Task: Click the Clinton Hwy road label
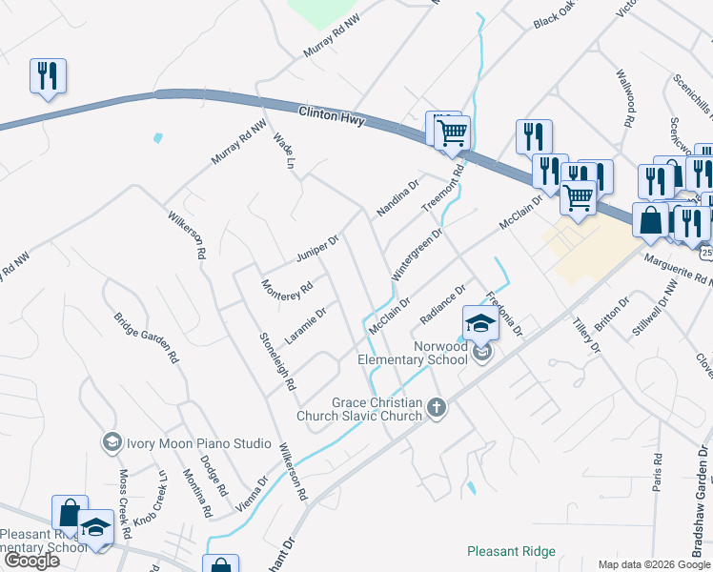[332, 117]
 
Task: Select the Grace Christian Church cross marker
[438, 408]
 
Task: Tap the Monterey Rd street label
[287, 287]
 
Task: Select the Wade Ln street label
[282, 151]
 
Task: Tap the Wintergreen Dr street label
[418, 254]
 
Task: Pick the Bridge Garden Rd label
[147, 338]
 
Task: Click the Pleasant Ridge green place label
[511, 551]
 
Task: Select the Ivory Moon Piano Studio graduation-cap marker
[112, 442]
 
